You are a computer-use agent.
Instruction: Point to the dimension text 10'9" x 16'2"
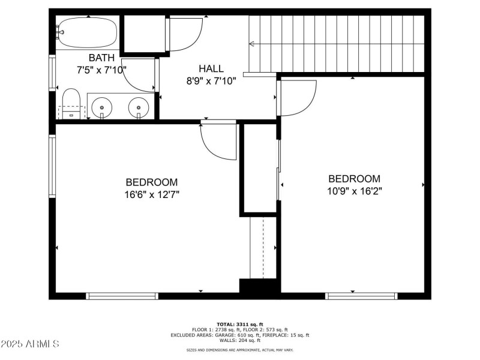(354, 191)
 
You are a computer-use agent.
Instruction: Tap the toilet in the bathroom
(71, 104)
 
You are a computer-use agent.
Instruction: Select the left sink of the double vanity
(102, 107)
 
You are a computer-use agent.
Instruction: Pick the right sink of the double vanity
(139, 107)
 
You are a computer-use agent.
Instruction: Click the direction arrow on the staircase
(252, 43)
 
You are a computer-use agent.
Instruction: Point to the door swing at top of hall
(185, 35)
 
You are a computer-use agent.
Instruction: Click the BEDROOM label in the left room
(151, 182)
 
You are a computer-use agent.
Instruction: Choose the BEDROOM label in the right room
(354, 179)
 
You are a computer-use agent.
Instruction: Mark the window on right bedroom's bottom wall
(361, 296)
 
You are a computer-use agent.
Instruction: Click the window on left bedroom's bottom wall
(122, 296)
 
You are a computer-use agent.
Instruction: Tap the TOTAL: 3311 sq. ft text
(239, 324)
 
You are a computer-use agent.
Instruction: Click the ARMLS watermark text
(30, 344)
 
